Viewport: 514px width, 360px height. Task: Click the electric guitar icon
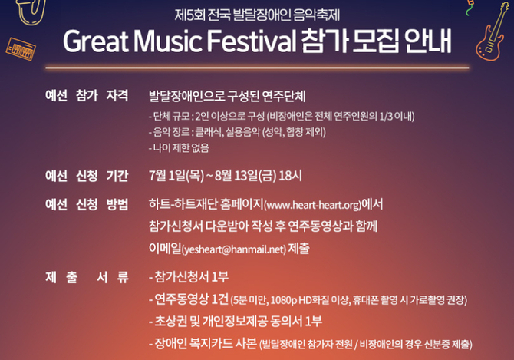click(x=491, y=34)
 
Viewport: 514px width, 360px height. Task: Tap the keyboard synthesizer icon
click(x=21, y=49)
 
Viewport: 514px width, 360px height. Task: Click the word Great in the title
click(x=96, y=41)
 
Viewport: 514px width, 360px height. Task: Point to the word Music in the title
click(x=167, y=41)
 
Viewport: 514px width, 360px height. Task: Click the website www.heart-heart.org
click(x=312, y=205)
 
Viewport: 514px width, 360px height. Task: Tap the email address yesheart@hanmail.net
click(x=234, y=249)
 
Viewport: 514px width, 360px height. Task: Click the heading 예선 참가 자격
click(x=87, y=95)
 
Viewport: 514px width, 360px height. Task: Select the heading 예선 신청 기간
click(x=87, y=176)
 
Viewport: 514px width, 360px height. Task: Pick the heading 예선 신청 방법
click(x=87, y=205)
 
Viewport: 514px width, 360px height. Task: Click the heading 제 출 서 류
click(x=87, y=277)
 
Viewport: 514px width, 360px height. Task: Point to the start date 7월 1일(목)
click(x=176, y=176)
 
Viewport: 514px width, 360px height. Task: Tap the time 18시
click(x=291, y=176)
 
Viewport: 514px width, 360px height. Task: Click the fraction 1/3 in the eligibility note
click(x=386, y=117)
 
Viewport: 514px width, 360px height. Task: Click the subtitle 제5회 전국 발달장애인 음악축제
click(x=257, y=15)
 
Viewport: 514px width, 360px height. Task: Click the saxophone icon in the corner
click(x=30, y=12)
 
